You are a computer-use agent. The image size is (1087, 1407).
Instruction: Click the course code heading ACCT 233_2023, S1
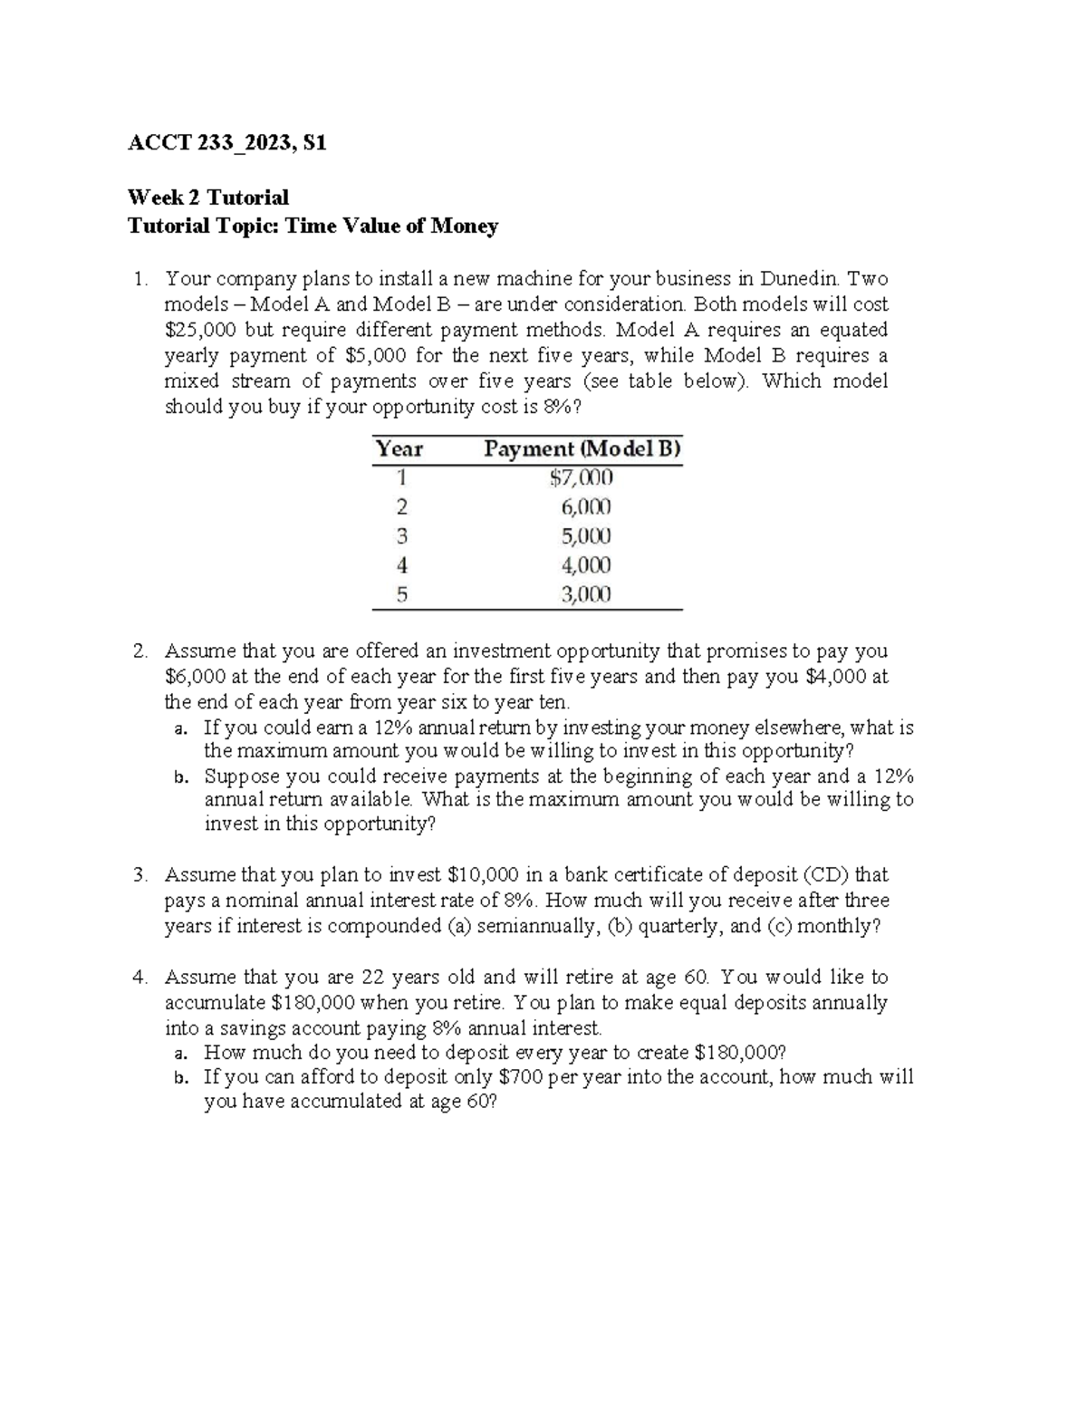coord(226,143)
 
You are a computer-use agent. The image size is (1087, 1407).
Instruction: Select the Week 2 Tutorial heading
coord(208,198)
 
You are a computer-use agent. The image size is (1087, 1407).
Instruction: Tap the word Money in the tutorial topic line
coord(464,226)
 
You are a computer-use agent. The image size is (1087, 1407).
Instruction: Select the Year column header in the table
coord(399,448)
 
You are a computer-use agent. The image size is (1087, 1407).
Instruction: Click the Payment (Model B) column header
coord(582,448)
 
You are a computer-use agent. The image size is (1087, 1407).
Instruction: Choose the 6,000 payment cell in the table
coord(586,506)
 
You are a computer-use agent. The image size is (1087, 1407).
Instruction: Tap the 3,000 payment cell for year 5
coord(586,594)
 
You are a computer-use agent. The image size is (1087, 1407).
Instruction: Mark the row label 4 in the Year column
coord(402,565)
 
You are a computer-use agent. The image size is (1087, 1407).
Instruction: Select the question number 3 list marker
coord(139,875)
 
